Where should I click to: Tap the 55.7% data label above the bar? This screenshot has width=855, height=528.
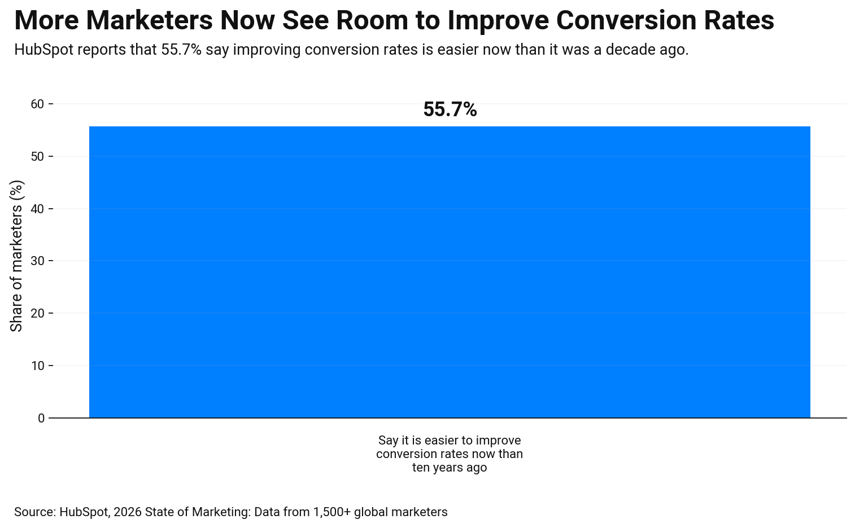coord(450,110)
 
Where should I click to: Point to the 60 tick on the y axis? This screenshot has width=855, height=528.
coord(38,104)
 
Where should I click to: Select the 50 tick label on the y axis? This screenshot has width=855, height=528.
coord(38,157)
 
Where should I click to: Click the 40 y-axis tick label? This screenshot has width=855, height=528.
coord(38,209)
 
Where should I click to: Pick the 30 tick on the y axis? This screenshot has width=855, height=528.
coord(38,261)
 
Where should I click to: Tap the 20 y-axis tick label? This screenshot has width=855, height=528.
coord(38,314)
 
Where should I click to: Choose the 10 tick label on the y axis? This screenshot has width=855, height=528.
coord(38,366)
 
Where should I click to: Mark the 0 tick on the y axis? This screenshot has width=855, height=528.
coord(41,418)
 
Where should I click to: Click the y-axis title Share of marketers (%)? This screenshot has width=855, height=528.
coord(17,256)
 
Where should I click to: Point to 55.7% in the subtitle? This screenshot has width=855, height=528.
coord(181,50)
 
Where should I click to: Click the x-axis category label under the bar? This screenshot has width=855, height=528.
coord(450,454)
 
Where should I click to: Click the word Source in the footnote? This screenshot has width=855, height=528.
coord(33,512)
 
